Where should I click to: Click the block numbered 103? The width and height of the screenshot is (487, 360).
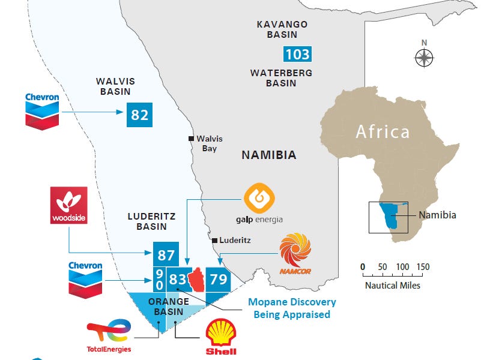297,55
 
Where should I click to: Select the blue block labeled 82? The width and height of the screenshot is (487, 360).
139,114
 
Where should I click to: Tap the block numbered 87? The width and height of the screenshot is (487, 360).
166,254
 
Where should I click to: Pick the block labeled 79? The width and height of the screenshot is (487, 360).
218,279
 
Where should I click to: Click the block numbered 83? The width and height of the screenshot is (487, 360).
178,280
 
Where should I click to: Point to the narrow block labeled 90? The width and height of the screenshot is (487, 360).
159,280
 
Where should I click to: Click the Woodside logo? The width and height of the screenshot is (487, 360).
68,205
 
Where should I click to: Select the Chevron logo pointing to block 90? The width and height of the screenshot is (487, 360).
85,280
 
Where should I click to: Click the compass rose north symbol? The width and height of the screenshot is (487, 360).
424,57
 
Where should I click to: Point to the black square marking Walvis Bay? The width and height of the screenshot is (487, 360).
191,137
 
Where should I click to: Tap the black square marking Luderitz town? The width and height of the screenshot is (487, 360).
213,241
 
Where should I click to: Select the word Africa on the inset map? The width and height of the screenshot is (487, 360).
382,131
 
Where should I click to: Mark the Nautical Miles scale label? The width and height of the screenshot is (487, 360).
393,285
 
